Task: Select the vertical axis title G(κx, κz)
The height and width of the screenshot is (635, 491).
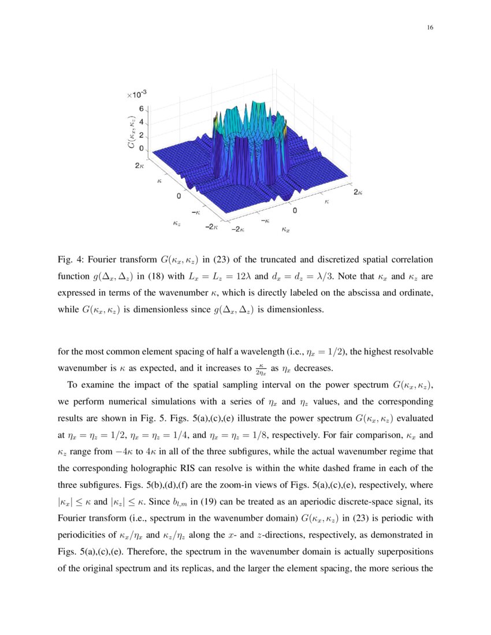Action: [x=132, y=133]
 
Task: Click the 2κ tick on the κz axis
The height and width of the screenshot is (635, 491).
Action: [x=139, y=165]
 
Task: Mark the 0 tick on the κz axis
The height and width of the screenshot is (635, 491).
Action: [x=179, y=196]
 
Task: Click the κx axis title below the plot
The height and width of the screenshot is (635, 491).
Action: [x=285, y=230]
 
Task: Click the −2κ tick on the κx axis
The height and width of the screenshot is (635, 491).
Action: [x=237, y=229]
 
